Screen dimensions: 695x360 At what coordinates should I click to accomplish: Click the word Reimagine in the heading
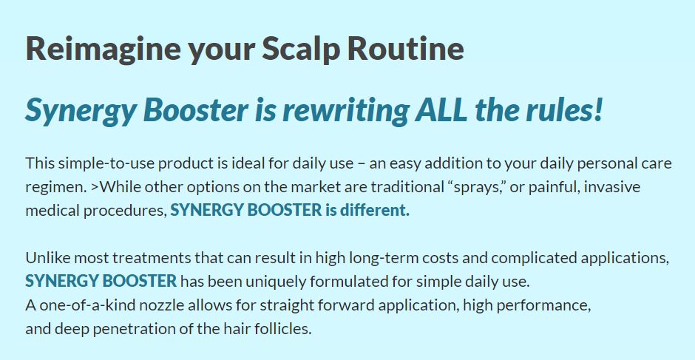point(103,50)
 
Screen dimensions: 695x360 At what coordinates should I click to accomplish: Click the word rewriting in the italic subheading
point(345,111)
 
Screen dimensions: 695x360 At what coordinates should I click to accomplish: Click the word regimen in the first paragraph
point(54,188)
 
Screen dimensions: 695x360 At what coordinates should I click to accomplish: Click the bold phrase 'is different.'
point(367,210)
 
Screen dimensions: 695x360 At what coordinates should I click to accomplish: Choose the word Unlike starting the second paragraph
point(47,257)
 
